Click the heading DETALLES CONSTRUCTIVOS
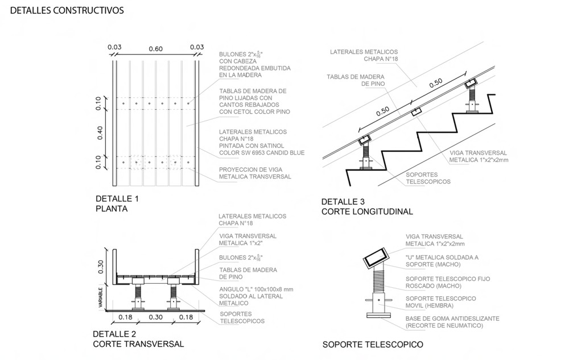[67, 11]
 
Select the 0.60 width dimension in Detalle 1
[155, 49]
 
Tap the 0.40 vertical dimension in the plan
[100, 132]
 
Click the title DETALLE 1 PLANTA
[117, 204]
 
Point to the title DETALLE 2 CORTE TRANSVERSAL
[138, 339]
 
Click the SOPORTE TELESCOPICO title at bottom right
[373, 345]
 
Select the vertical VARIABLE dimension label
[100, 298]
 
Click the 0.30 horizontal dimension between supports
[155, 317]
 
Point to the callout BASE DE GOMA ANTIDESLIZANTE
[452, 322]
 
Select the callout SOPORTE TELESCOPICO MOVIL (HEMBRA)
[440, 302]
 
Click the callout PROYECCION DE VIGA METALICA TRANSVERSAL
[255, 173]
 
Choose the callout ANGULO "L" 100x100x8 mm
[256, 296]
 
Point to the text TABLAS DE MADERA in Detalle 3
[355, 80]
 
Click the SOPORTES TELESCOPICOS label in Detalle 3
[428, 178]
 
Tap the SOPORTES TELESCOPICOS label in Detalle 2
[242, 317]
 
